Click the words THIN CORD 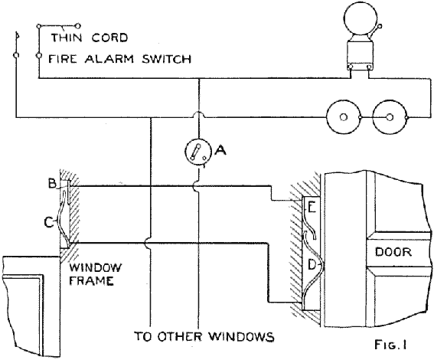click(89, 38)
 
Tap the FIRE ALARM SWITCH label click(119, 59)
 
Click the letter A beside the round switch click(220, 150)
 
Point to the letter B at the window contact click(52, 183)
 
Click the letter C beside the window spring click(49, 222)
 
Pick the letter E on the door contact click(312, 208)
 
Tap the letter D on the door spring click(312, 265)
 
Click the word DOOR click(393, 252)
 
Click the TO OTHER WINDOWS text click(204, 337)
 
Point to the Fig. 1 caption click(390, 345)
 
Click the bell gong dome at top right click(360, 17)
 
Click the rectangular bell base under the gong click(360, 55)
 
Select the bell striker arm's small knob click(380, 26)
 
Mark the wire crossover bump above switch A click(198, 114)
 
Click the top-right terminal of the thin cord click(78, 26)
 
